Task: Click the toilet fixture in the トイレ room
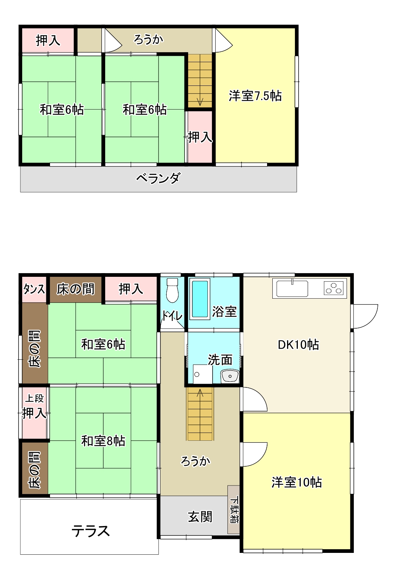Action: (172, 290)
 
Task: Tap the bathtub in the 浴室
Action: (200, 299)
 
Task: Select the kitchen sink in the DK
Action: (292, 288)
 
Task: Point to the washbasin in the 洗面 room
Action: (230, 376)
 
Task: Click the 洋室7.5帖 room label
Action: (255, 96)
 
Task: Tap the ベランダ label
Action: (158, 178)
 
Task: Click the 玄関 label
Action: (200, 517)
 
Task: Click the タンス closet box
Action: (34, 289)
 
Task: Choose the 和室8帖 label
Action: (103, 441)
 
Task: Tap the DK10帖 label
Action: (298, 345)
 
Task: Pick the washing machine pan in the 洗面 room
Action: (203, 374)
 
